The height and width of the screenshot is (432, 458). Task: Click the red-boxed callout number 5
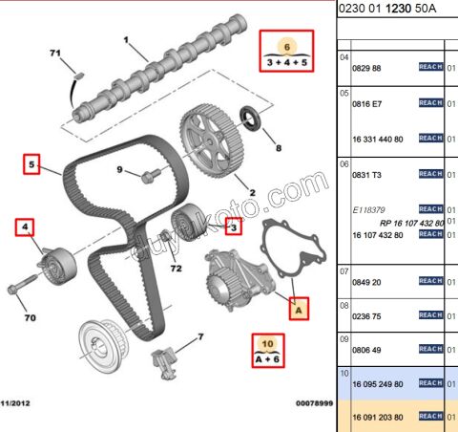click(32, 165)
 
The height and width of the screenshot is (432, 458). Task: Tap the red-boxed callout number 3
click(233, 227)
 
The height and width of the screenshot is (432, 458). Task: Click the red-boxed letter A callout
click(300, 309)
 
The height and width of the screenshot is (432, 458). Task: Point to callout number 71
click(54, 51)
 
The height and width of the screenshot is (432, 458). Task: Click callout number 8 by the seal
click(279, 148)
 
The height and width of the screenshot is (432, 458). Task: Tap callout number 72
click(175, 270)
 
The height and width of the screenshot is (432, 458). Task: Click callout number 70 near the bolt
click(30, 316)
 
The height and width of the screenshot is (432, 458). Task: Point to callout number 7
click(200, 336)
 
